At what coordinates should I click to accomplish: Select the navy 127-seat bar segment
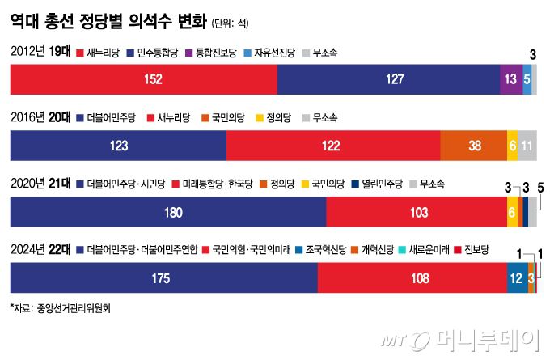(389, 80)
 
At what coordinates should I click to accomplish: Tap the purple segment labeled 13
(511, 80)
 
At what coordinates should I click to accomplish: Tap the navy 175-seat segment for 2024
(163, 277)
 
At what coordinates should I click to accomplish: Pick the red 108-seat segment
(412, 277)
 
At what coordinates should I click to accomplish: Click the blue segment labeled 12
(516, 277)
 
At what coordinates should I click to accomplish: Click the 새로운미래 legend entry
(428, 248)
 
